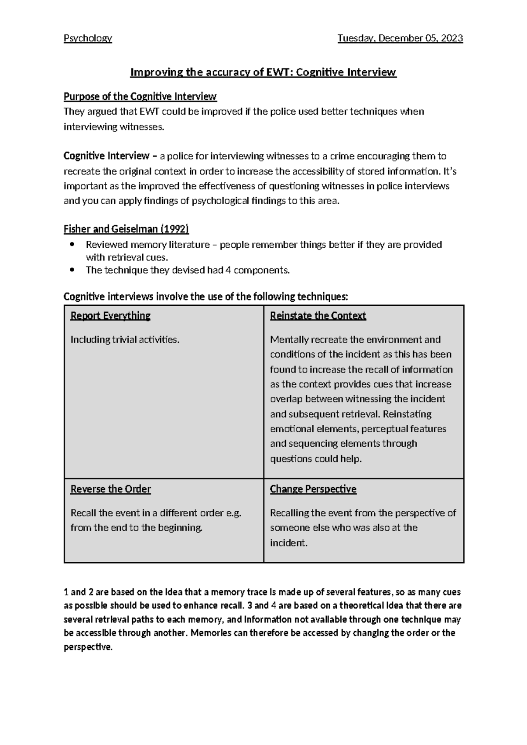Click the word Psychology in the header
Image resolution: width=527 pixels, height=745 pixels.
88,38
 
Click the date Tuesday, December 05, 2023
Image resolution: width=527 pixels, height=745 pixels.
400,38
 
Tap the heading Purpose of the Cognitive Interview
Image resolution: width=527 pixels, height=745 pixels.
140,96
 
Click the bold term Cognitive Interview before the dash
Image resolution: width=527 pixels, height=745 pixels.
107,156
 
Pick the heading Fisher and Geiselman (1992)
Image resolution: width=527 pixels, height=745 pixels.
126,229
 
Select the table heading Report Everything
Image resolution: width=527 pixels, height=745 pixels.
110,316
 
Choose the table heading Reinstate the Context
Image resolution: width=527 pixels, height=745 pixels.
318,316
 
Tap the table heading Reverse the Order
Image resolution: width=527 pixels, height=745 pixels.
110,489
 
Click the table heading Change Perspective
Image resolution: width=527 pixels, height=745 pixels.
313,489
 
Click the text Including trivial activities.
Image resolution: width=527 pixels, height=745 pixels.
125,340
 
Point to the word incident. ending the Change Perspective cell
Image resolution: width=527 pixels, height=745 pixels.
289,543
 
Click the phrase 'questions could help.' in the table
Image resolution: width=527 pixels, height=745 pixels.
316,459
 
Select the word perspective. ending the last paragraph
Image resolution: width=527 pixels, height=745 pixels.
88,647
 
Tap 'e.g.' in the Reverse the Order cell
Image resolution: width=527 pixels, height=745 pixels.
233,513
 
